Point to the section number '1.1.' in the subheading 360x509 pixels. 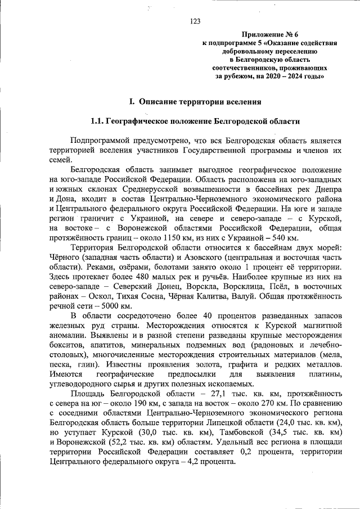99,121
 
